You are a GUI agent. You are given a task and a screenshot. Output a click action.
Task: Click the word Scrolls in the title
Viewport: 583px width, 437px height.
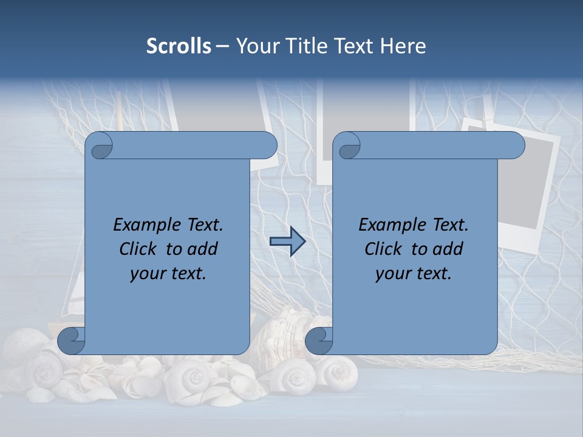click(179, 46)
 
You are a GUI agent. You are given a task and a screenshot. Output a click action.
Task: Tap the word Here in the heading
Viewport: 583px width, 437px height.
click(403, 46)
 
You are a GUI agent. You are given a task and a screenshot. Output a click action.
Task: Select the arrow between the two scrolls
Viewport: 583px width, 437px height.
click(288, 242)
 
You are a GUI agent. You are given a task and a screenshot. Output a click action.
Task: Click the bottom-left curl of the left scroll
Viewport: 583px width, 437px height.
click(70, 341)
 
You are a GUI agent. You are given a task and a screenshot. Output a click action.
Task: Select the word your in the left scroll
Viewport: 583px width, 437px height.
click(146, 274)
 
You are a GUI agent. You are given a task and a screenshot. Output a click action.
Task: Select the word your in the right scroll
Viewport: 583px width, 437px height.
click(392, 274)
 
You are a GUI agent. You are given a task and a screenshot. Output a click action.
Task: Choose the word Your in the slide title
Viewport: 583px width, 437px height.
click(256, 46)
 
